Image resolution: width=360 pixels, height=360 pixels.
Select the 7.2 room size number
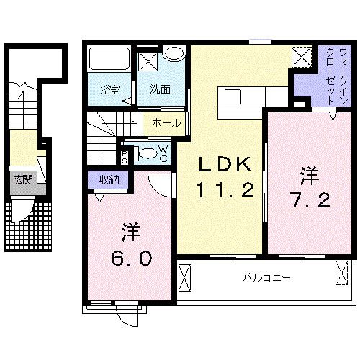click(310, 199)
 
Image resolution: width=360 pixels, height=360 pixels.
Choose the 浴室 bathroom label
click(109, 90)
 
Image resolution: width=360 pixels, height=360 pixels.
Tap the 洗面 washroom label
click(159, 90)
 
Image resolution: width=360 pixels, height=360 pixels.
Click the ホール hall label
click(166, 123)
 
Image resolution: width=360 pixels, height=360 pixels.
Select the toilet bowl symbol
click(146, 153)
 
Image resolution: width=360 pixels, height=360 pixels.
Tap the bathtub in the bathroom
click(109, 60)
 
